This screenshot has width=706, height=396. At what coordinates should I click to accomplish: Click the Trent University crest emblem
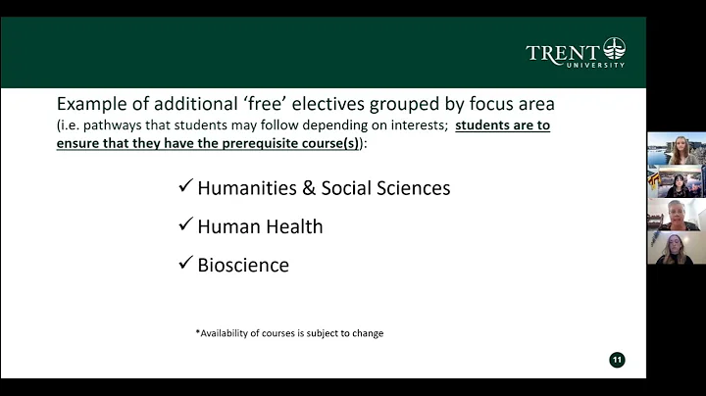(614, 49)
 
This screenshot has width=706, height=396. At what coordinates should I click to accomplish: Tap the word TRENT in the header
(564, 53)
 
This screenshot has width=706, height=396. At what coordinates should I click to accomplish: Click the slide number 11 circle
(617, 360)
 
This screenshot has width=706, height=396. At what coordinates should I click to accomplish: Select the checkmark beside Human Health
(185, 225)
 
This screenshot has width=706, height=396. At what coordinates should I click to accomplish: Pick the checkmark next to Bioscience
(185, 264)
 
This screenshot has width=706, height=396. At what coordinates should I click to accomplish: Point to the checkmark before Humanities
(185, 187)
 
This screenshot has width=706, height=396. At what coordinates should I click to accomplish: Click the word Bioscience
(243, 265)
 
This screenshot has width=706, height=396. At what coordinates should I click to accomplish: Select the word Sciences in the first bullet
(412, 188)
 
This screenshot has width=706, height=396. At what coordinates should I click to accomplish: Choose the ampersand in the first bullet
(314, 188)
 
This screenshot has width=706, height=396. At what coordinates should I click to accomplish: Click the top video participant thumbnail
(676, 150)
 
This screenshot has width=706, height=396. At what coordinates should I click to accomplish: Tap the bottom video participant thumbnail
(676, 249)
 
